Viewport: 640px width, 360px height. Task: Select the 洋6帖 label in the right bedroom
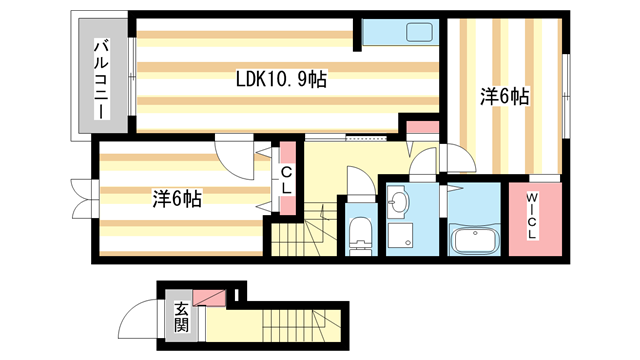tap(504, 96)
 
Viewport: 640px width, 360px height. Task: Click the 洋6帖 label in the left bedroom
tap(177, 198)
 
